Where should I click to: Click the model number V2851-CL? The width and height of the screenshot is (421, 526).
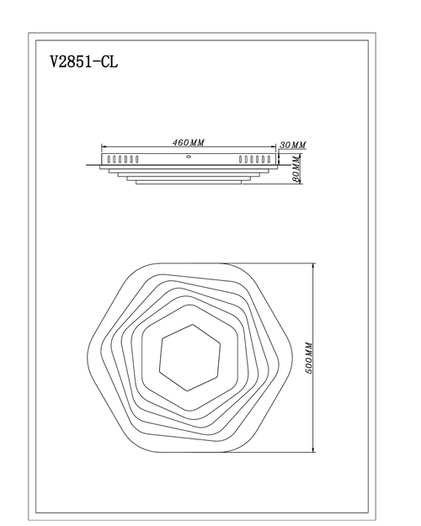[x=84, y=61]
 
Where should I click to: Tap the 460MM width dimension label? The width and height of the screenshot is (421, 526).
[x=189, y=142]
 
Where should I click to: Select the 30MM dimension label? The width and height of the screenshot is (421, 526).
[x=293, y=145]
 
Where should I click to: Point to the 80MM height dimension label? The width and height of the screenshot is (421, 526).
[x=296, y=168]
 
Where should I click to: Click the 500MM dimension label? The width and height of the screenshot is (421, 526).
[x=309, y=358]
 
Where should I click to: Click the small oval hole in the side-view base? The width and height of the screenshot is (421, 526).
[x=189, y=156]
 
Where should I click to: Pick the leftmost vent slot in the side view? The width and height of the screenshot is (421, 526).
[x=109, y=159]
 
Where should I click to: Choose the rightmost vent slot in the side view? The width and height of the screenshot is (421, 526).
[x=269, y=159]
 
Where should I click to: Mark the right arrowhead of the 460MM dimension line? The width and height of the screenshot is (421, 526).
[x=273, y=146]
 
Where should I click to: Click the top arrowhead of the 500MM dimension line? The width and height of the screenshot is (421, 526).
[x=313, y=266]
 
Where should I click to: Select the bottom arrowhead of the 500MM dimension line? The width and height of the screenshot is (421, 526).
[x=313, y=449]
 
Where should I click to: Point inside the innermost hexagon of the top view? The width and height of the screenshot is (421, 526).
[x=190, y=358]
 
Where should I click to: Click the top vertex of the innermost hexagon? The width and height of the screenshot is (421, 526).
[x=193, y=324]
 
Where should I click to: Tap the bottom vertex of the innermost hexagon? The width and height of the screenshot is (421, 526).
[x=187, y=391]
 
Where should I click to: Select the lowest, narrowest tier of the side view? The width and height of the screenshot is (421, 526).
[x=189, y=182]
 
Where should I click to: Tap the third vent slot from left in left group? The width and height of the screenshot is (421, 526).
[x=120, y=159]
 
